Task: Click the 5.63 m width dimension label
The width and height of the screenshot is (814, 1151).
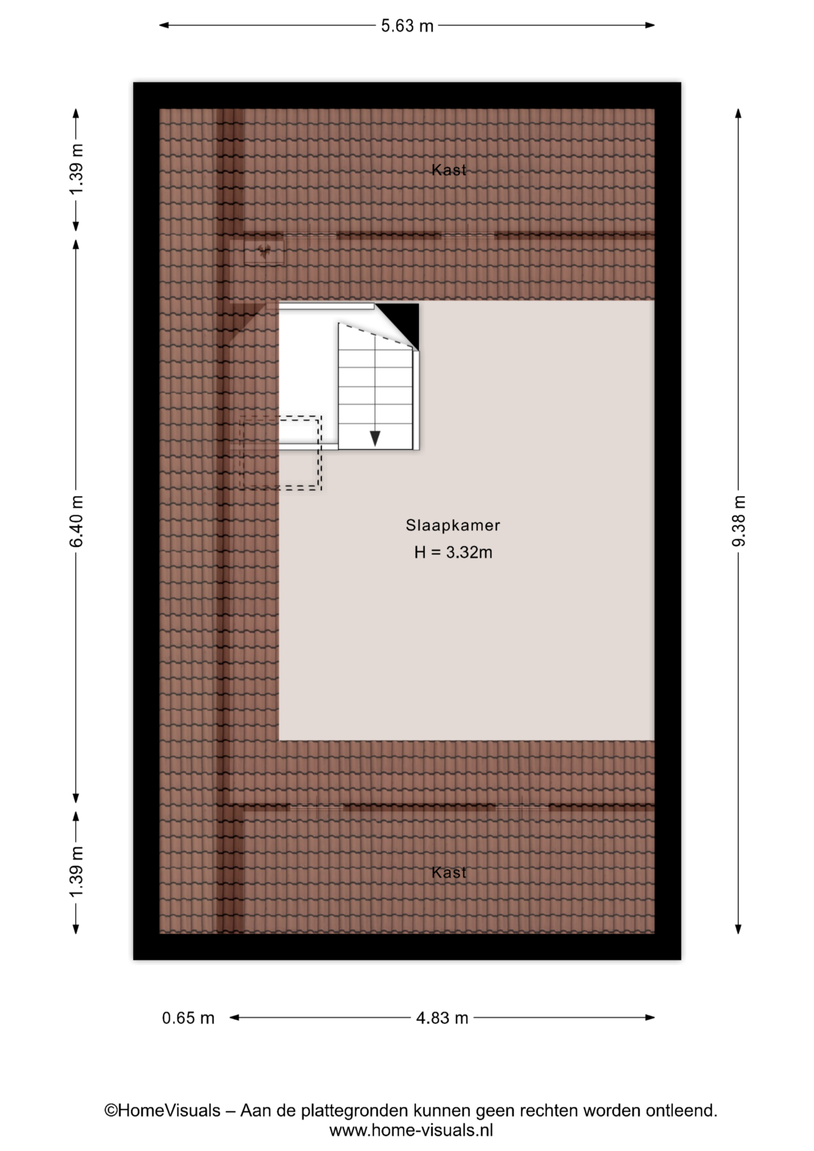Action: click(x=407, y=26)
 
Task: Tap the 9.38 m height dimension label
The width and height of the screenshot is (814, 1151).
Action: click(x=739, y=521)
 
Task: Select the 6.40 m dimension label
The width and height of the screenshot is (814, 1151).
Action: click(x=77, y=521)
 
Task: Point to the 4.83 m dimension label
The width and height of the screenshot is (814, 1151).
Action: click(x=442, y=1018)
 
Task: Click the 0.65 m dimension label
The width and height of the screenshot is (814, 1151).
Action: click(x=188, y=1018)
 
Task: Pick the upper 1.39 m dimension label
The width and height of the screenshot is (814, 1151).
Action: click(x=77, y=170)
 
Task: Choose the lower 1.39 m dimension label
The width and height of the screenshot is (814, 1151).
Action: click(x=77, y=872)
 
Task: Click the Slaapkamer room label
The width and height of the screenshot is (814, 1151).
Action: click(x=453, y=525)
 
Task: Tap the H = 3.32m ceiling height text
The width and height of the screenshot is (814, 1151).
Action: click(x=453, y=552)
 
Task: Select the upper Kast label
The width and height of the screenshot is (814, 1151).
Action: click(x=449, y=170)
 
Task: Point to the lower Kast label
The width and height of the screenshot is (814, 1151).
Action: click(x=449, y=872)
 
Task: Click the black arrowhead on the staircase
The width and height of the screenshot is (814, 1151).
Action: click(x=375, y=438)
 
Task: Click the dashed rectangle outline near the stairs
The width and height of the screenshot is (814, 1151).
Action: click(x=321, y=453)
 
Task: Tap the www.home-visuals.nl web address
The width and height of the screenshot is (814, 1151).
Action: click(x=411, y=1131)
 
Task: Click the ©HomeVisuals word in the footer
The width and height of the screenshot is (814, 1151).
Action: click(x=162, y=1111)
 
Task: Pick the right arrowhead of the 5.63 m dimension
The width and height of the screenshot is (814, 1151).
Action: click(x=650, y=25)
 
